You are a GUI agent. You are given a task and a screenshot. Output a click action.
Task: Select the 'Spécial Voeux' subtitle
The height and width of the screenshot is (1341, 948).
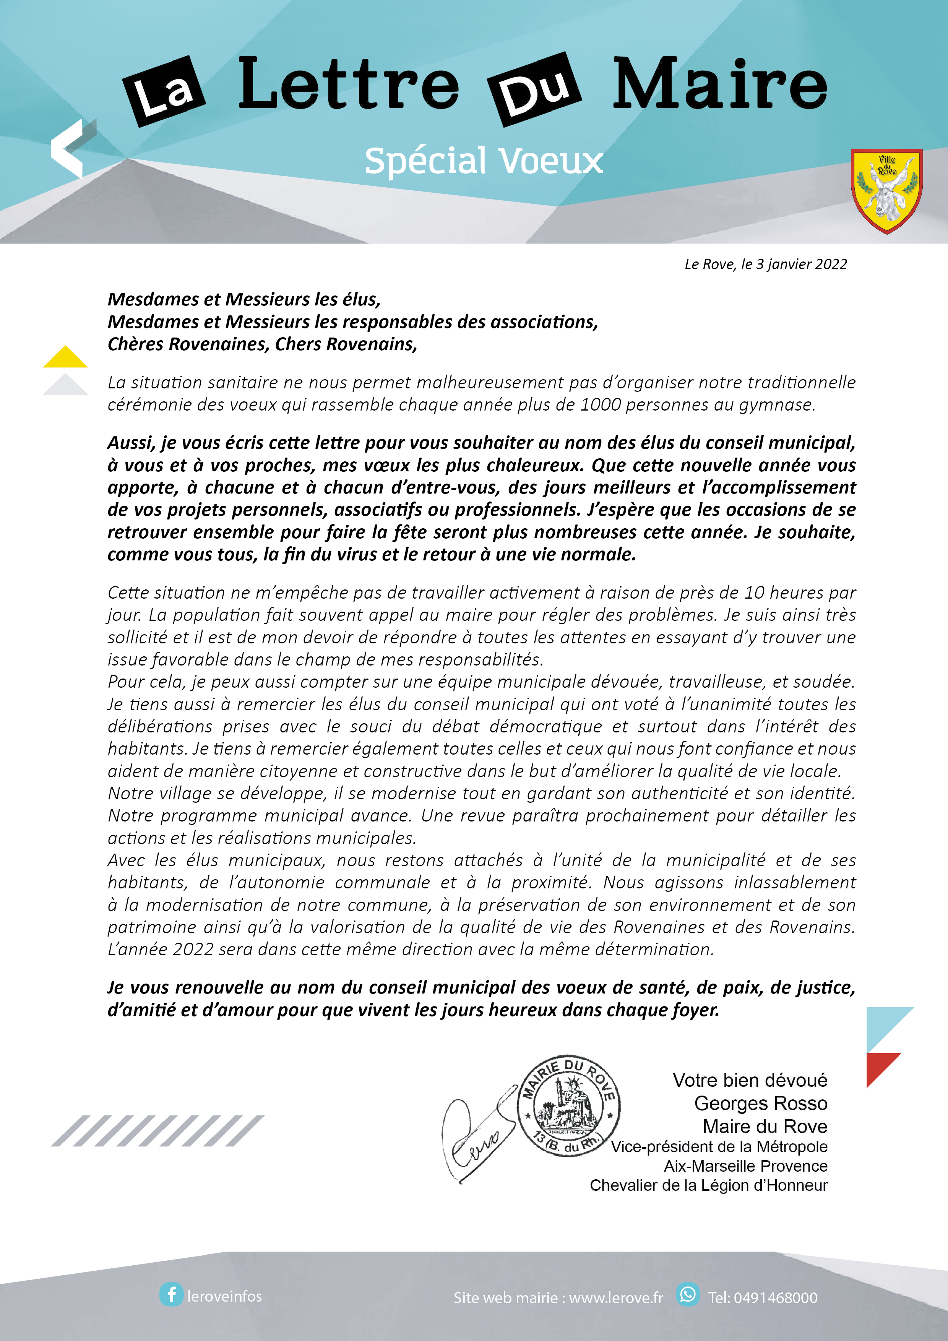(x=484, y=161)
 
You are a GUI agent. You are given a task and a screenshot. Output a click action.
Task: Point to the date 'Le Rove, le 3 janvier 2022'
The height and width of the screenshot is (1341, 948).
(x=765, y=265)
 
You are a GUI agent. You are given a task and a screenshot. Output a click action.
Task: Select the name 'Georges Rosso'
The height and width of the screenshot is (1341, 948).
(x=761, y=1103)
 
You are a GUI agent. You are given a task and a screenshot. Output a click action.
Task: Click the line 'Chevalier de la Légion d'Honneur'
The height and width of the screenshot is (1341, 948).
(x=709, y=1185)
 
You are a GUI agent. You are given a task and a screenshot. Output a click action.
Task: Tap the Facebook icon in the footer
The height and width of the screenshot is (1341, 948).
(x=171, y=1295)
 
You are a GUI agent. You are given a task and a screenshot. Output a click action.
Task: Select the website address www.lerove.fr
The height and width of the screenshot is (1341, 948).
(x=616, y=1298)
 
